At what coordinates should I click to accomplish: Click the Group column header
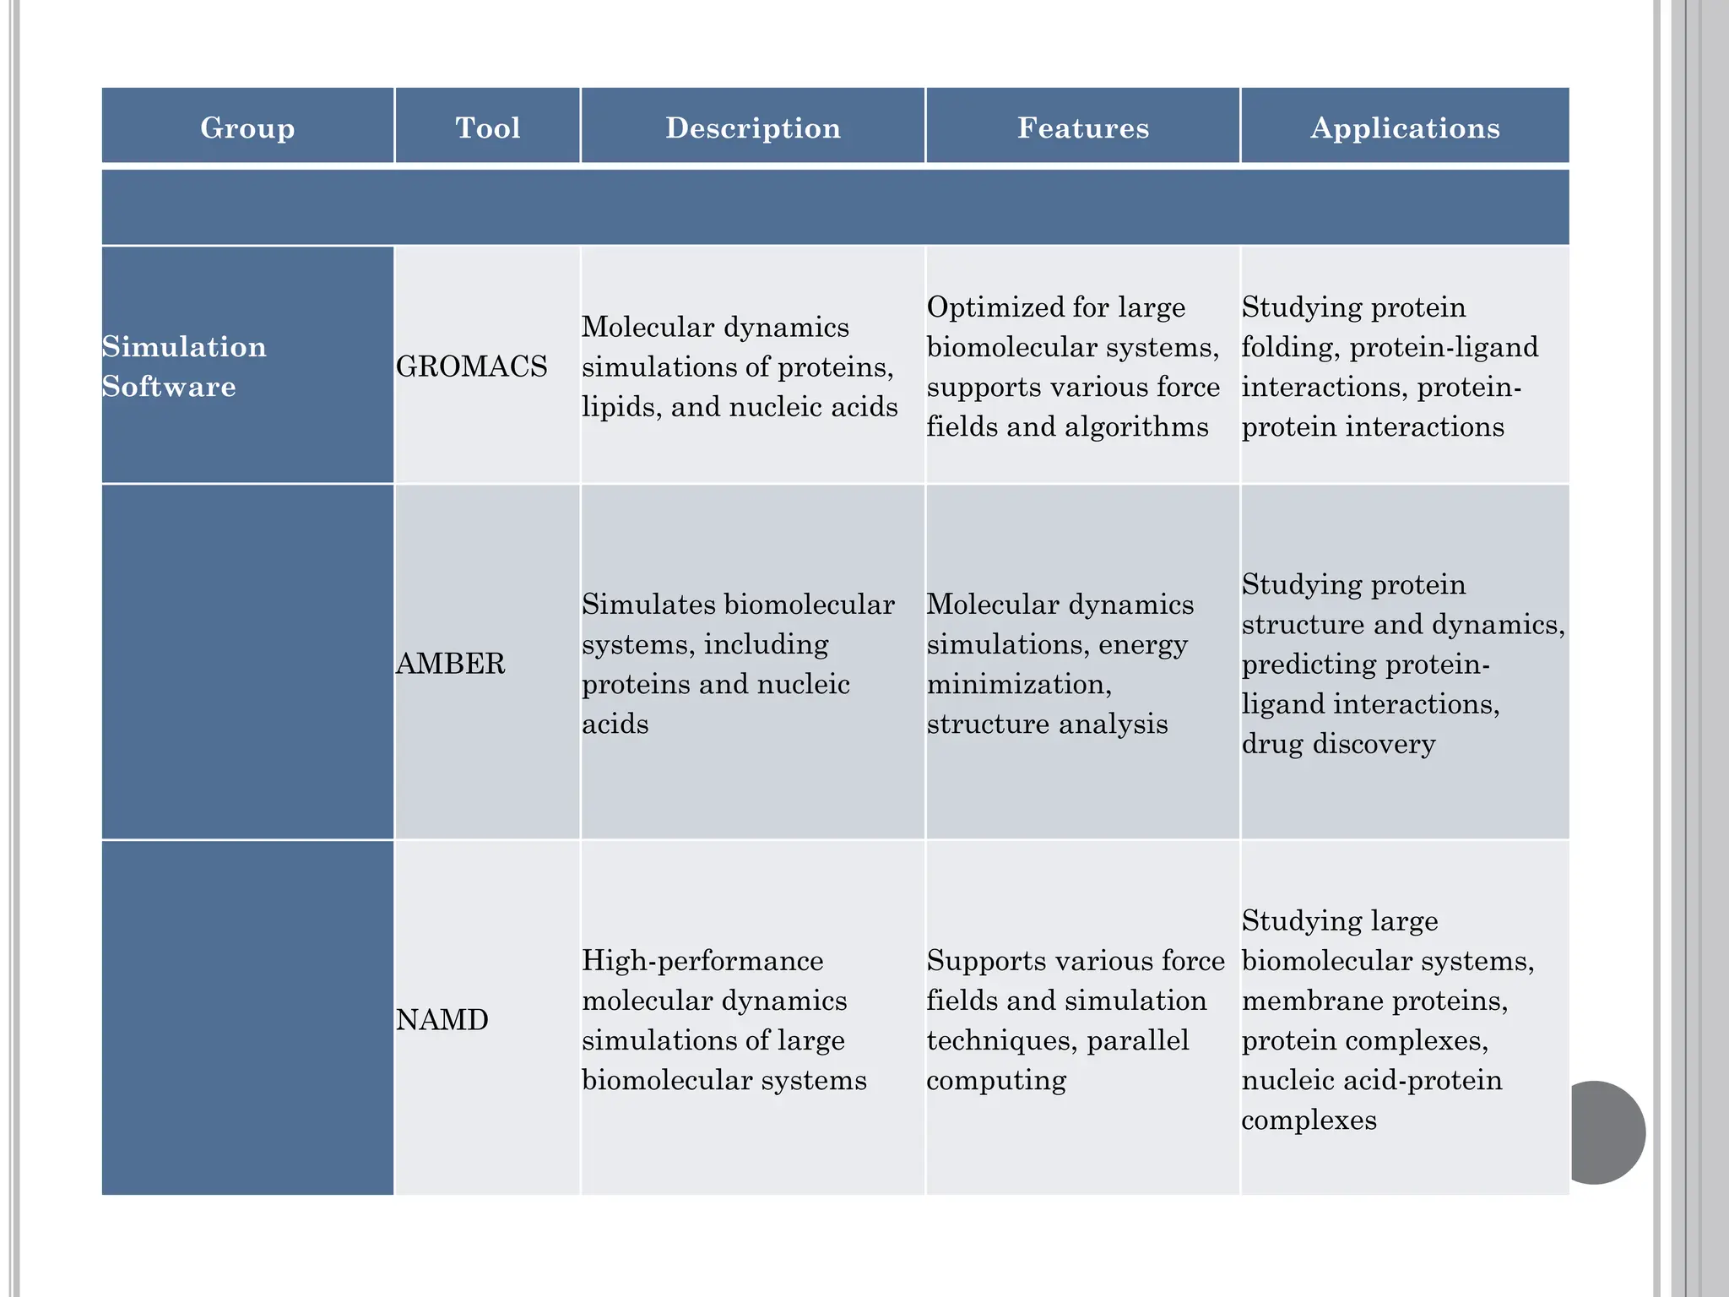tap(247, 128)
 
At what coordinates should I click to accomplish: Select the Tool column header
tap(488, 128)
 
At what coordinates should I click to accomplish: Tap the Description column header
tap(753, 128)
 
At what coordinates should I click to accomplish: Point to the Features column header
tap(1083, 128)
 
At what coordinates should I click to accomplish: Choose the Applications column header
tap(1406, 128)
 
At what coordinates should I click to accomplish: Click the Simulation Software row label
tap(184, 366)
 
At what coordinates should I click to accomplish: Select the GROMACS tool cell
tap(472, 366)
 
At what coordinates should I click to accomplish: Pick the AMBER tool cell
tap(451, 664)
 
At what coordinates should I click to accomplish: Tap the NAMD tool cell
tap(442, 1020)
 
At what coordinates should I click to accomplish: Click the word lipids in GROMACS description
tap(621, 407)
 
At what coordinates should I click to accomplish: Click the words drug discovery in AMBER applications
tap(1339, 745)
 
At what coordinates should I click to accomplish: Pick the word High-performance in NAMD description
tap(702, 961)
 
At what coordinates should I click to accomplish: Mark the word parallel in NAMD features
tap(1138, 1040)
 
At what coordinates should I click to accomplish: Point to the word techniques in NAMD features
tap(1000, 1041)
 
